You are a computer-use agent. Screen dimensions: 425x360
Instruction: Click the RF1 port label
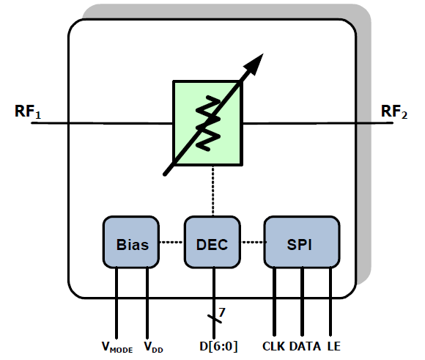click(x=28, y=111)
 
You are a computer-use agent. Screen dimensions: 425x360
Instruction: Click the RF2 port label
click(x=394, y=111)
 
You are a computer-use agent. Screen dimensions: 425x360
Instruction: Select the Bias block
click(x=131, y=242)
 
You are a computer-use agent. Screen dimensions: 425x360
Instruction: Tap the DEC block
click(x=212, y=242)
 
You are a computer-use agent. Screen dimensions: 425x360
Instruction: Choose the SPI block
click(x=302, y=242)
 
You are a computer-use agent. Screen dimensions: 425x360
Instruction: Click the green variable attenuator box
click(x=207, y=122)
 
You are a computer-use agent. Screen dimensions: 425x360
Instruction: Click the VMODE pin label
click(x=117, y=348)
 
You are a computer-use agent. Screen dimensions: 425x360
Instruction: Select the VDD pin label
click(x=153, y=348)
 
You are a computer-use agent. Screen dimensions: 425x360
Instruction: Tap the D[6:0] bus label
click(x=218, y=347)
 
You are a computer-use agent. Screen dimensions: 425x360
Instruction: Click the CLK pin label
click(x=273, y=346)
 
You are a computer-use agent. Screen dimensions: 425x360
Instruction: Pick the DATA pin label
click(x=305, y=346)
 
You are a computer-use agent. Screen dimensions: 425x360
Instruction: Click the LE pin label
click(x=333, y=346)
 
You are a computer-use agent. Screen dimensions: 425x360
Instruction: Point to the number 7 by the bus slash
click(x=222, y=312)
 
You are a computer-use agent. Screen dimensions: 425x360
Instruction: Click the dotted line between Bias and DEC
click(x=171, y=242)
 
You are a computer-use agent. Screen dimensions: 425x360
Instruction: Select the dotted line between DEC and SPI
click(x=252, y=242)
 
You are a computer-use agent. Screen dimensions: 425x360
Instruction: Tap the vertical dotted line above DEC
click(x=213, y=191)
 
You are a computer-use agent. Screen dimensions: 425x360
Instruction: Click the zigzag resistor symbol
click(x=208, y=123)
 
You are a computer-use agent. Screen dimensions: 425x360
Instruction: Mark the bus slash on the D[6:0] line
click(x=215, y=319)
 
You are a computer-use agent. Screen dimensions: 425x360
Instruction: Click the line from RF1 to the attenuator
click(x=102, y=123)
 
